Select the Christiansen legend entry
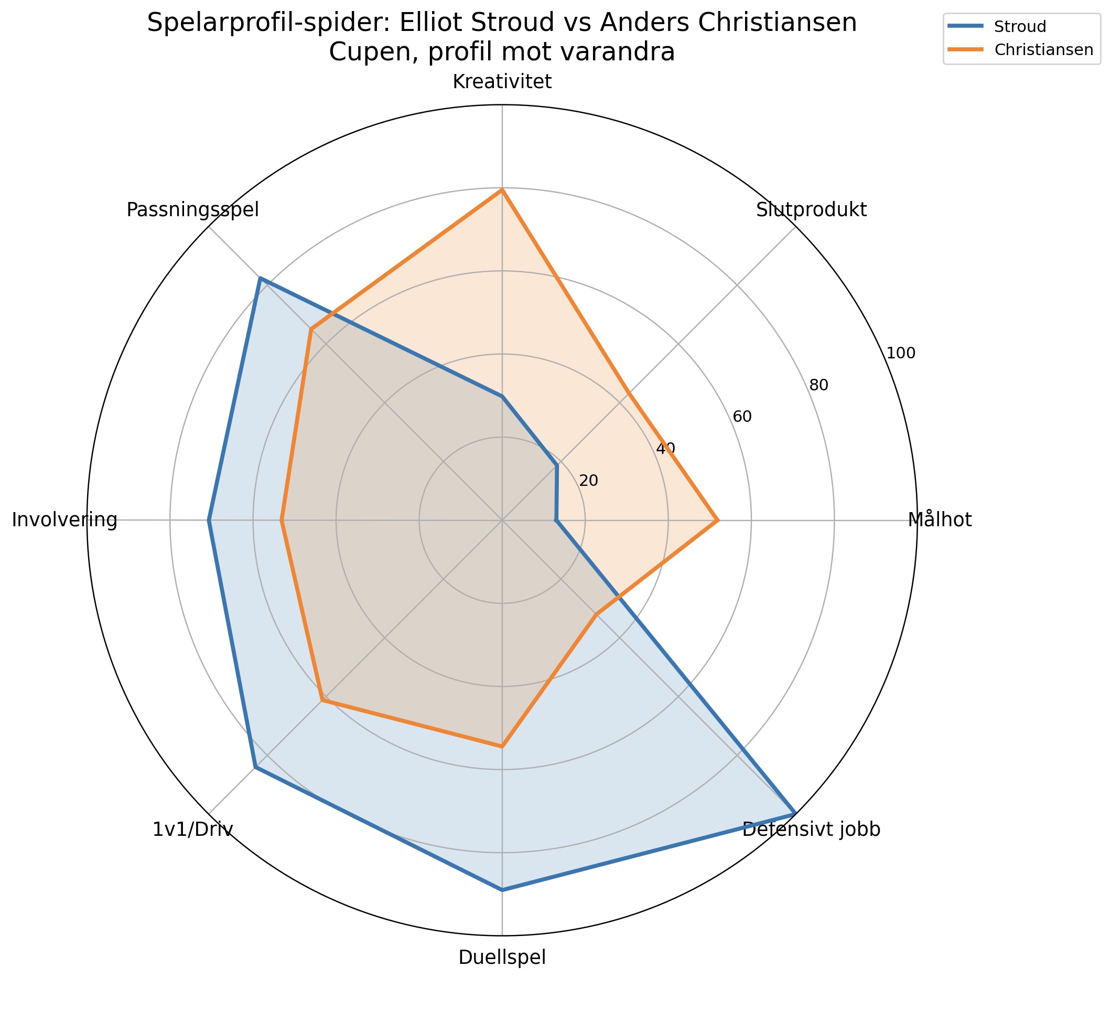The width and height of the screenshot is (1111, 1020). tap(1043, 50)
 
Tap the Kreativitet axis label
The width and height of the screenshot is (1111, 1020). tap(502, 82)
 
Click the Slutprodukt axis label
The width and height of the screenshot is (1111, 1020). tap(812, 210)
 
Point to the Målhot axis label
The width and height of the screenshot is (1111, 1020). tap(940, 520)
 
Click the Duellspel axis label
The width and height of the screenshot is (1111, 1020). tap(502, 958)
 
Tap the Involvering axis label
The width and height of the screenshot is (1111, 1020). tap(64, 520)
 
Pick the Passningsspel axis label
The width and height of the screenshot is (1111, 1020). tap(192, 210)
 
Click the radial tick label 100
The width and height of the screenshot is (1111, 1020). tap(900, 353)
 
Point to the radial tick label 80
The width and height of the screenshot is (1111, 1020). tap(818, 385)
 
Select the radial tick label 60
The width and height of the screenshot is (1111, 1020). tap(742, 417)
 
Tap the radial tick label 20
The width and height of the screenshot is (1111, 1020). tap(589, 481)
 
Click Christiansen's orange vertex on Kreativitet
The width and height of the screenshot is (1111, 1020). tap(502, 189)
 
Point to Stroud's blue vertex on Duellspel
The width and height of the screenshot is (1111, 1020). tap(502, 890)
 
